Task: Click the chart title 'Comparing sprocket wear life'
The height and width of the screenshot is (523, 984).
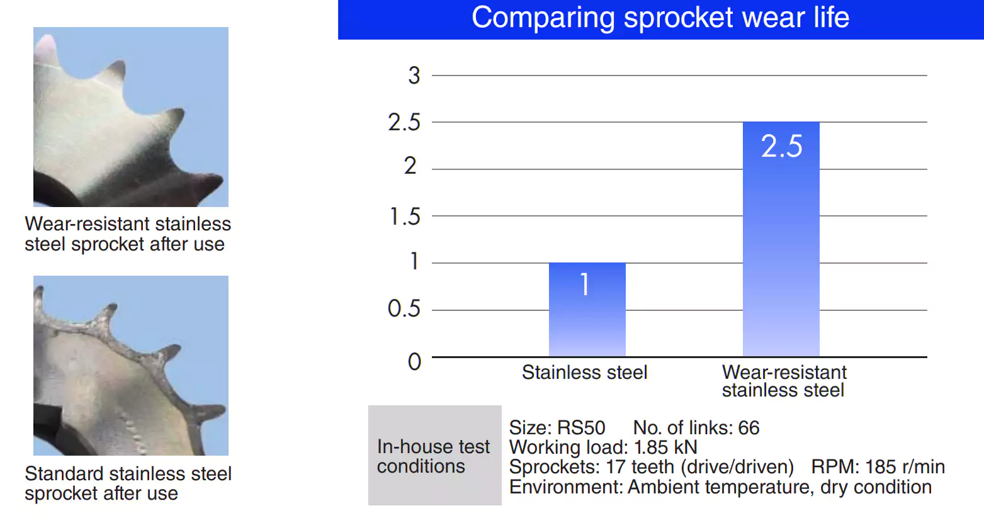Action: [x=660, y=18]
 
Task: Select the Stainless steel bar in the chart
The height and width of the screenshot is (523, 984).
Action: [x=587, y=315]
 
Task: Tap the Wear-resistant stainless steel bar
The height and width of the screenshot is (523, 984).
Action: [x=781, y=252]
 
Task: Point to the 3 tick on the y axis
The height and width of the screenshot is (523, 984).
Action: [x=414, y=76]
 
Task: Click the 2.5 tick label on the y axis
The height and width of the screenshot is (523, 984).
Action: [x=404, y=122]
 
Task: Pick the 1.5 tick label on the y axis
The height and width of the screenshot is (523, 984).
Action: [x=405, y=217]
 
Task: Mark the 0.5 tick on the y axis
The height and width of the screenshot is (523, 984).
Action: [x=404, y=308]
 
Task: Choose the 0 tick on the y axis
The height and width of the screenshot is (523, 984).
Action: [x=414, y=361]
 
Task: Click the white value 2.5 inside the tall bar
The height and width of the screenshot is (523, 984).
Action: [x=781, y=147]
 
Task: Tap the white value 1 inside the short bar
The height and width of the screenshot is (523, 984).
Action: [x=585, y=284]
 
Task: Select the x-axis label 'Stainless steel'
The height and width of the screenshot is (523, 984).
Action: [x=584, y=373]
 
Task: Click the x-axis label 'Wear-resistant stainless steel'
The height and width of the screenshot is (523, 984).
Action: [x=784, y=381]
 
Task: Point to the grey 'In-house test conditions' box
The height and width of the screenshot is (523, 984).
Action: [x=434, y=456]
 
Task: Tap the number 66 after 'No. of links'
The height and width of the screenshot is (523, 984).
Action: [x=749, y=428]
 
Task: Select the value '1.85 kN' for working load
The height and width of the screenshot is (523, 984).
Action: [x=665, y=447]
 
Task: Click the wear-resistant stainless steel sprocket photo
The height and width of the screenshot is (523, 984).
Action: [x=131, y=117]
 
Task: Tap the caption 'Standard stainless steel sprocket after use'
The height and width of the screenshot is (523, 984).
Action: [x=128, y=483]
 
